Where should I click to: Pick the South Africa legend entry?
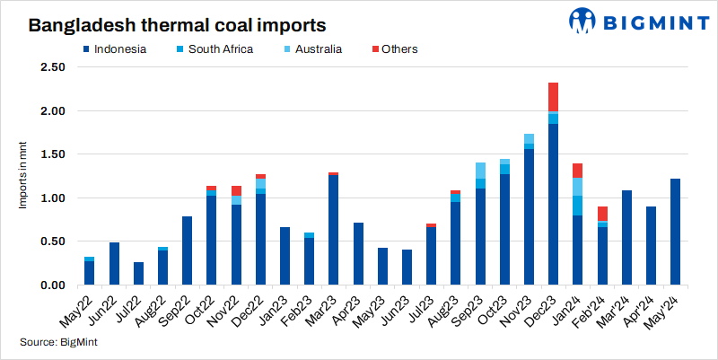click(214, 48)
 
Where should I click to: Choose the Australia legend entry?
click(310, 48)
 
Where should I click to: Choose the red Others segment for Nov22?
click(236, 190)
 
